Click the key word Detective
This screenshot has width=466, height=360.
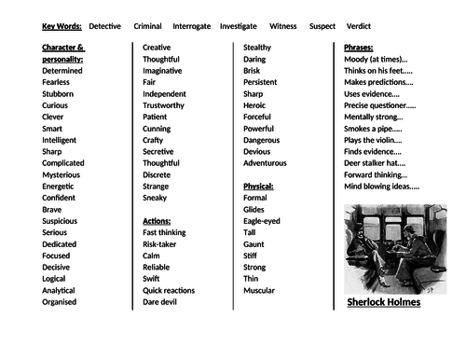pyautogui.click(x=104, y=26)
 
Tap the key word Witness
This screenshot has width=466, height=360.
pyautogui.click(x=283, y=26)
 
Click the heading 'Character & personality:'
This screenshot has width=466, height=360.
pyautogui.click(x=63, y=52)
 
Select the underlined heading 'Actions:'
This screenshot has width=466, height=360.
pyautogui.click(x=158, y=221)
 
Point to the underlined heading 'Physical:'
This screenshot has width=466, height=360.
pyautogui.click(x=259, y=186)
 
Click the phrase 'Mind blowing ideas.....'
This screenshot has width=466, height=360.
pyautogui.click(x=382, y=186)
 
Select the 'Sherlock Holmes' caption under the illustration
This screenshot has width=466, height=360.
pyautogui.click(x=384, y=302)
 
